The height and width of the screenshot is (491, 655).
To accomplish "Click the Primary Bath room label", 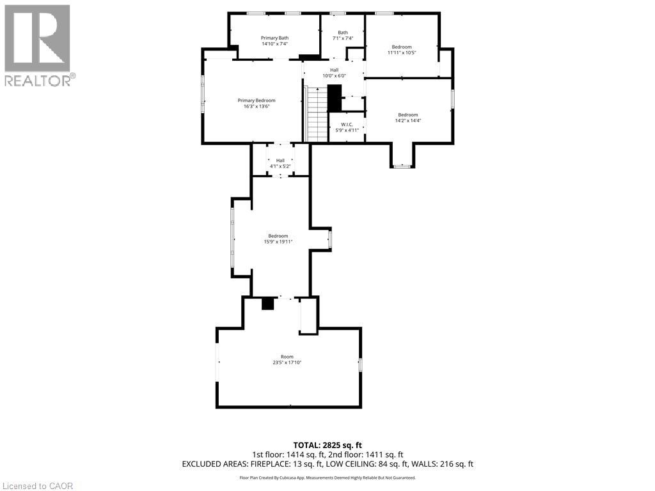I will coord(274,38).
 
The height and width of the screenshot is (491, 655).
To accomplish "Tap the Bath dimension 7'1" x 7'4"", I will coord(343,39).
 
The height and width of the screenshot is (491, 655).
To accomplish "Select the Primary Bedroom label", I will coord(256,100).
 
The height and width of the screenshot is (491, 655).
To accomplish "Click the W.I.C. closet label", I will coord(347,125).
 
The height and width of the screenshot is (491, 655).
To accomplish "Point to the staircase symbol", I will coord(317,115).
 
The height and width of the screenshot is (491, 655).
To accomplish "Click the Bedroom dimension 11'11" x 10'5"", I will coord(402,53).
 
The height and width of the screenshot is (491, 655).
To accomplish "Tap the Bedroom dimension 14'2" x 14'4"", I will coord(408,121).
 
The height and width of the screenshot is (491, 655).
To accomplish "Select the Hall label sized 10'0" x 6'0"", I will coord(334,76).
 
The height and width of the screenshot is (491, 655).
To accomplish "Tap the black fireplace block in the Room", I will coord(268,304).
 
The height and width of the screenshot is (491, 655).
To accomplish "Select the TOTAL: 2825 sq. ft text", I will coord(327,445).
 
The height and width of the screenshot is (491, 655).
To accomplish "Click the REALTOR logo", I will coord(38,45).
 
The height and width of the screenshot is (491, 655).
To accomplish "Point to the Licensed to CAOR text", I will coord(38,486).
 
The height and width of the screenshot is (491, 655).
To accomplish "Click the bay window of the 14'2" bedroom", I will coord(402,166).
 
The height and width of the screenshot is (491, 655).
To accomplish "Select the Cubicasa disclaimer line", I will coord(327,478).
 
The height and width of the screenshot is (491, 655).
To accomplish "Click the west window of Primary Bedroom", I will coord(203,94).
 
